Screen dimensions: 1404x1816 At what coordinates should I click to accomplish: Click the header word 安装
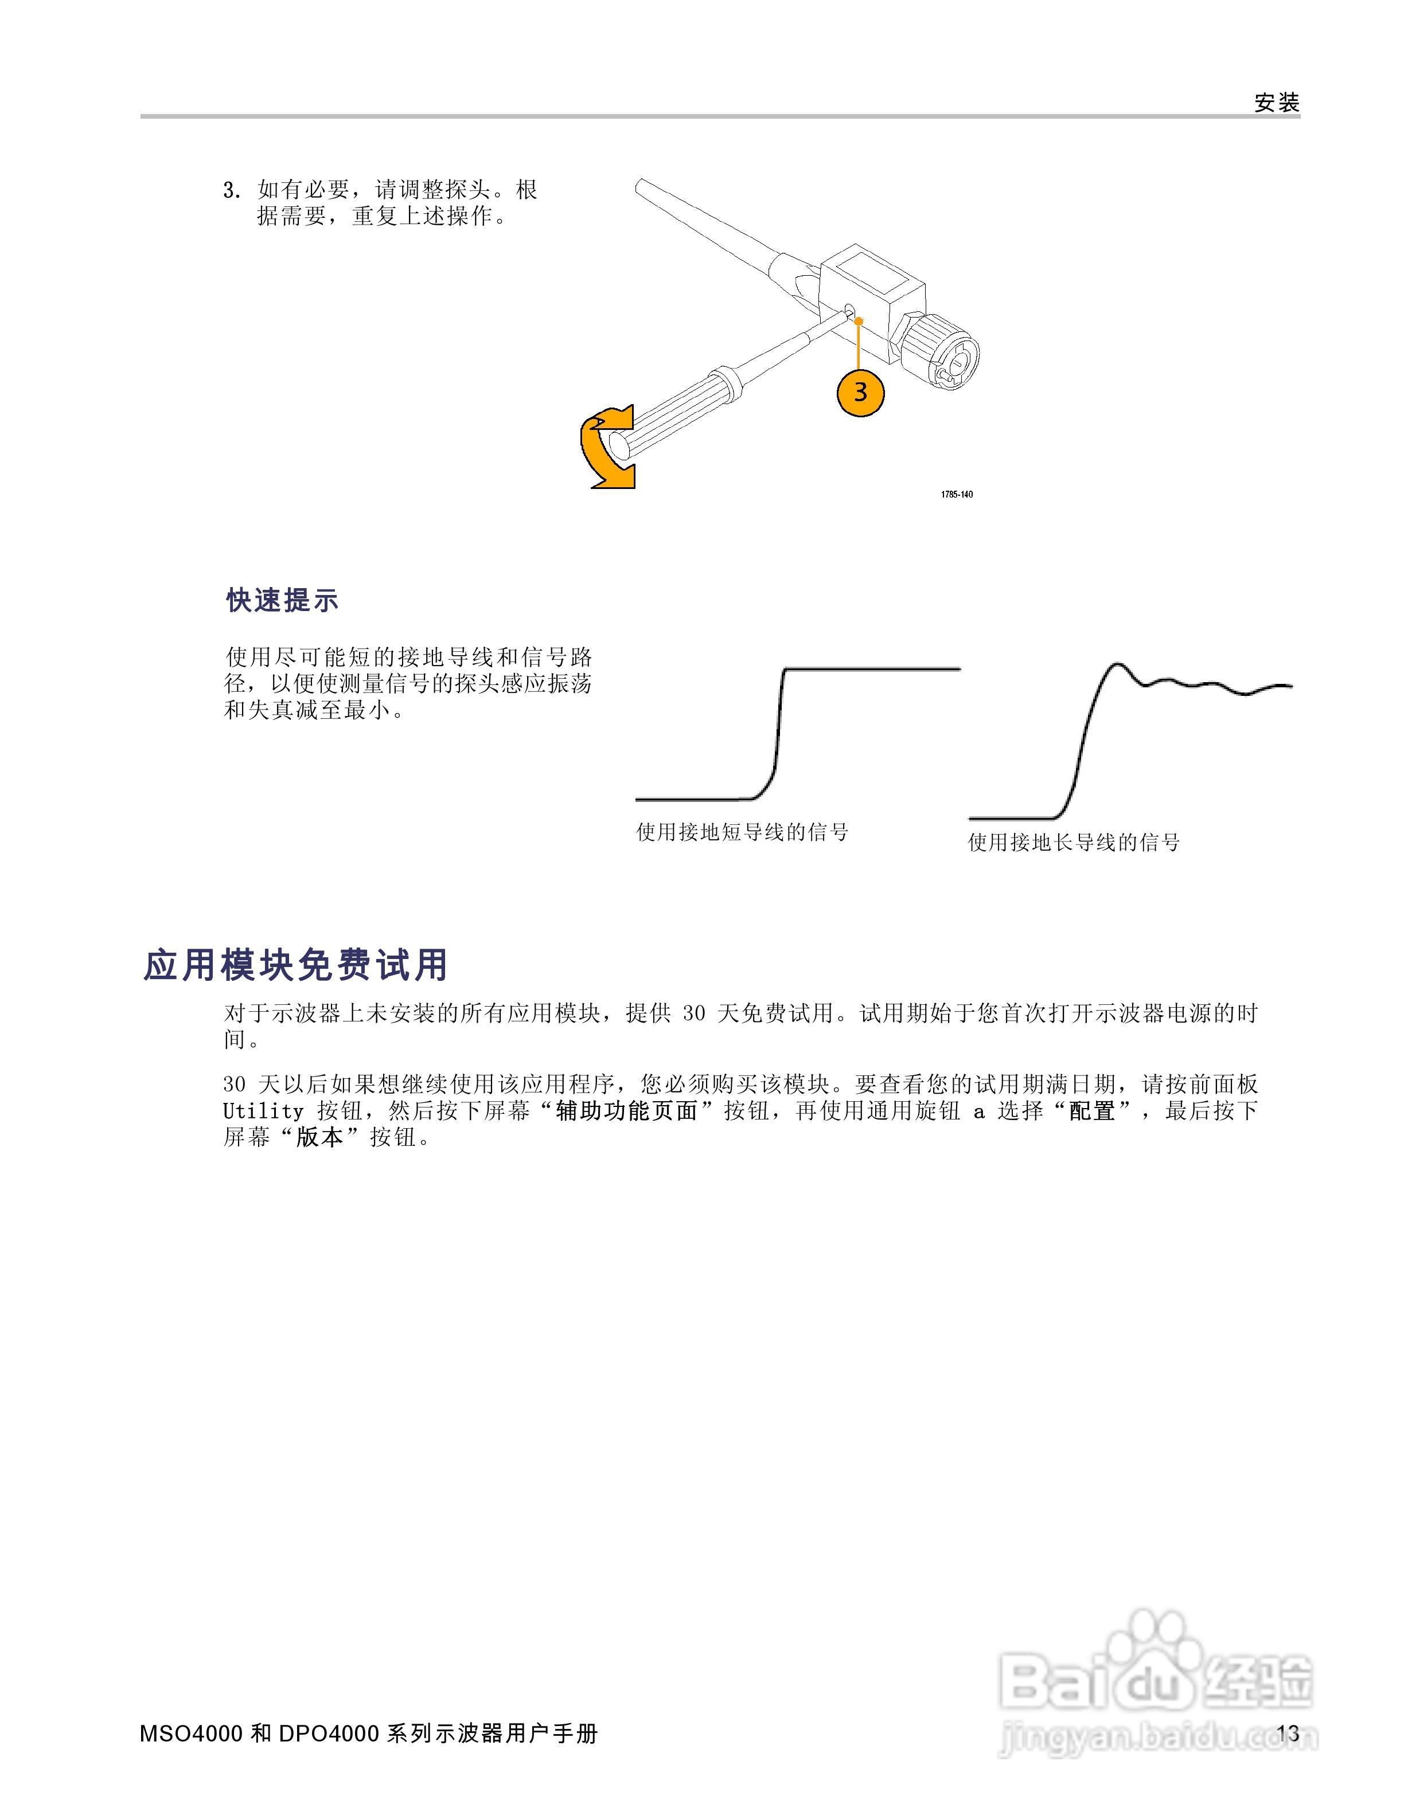coord(1276,103)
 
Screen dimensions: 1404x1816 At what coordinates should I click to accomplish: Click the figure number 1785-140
coord(957,495)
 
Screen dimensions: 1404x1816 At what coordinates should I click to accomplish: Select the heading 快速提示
coord(283,600)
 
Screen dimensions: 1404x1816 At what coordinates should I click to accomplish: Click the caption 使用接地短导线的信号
coord(742,832)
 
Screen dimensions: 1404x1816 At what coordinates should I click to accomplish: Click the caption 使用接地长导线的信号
coord(1074,842)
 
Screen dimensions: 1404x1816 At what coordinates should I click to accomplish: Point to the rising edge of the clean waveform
coord(778,731)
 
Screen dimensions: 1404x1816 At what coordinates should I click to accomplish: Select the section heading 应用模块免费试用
coord(296,965)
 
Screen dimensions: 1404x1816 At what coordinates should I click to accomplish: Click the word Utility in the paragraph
coord(263,1111)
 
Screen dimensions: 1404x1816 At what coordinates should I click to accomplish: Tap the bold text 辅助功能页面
coord(626,1111)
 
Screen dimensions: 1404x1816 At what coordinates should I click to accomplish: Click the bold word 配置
coord(1091,1111)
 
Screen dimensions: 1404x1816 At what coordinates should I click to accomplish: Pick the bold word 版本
coord(319,1137)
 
